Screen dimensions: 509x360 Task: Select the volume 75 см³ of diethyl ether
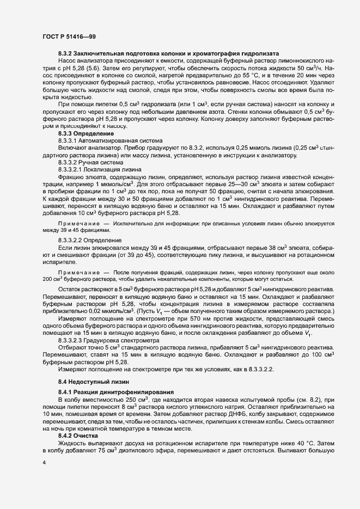[x=116, y=451]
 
